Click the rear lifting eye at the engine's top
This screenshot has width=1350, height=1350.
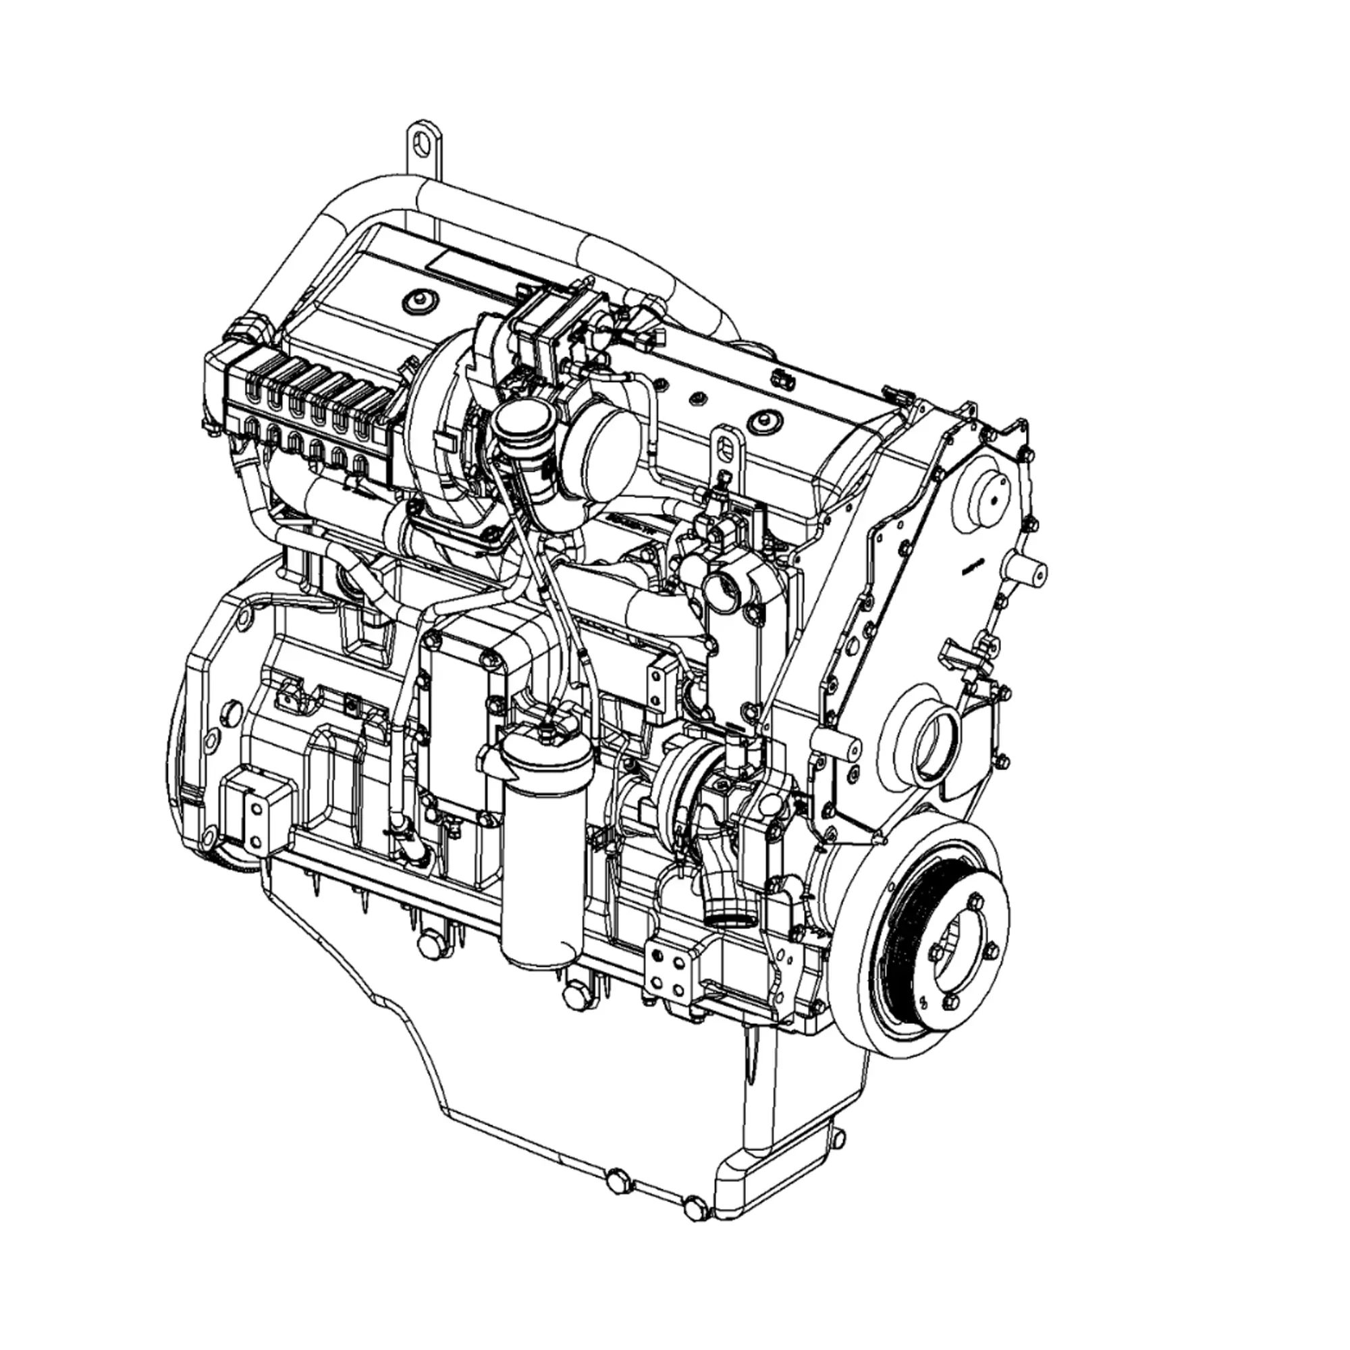pyautogui.click(x=422, y=142)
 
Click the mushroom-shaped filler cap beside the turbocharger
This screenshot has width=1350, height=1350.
pyautogui.click(x=514, y=423)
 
